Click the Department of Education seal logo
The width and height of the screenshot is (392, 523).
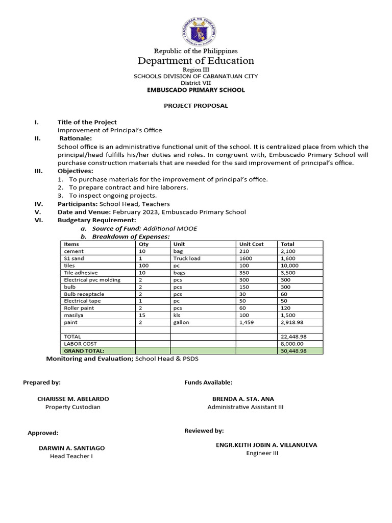(199, 30)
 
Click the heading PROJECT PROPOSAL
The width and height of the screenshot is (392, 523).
(195, 106)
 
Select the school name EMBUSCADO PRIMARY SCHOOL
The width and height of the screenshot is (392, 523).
(196, 90)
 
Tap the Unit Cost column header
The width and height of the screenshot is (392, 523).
(251, 244)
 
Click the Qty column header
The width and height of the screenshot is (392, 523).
(143, 244)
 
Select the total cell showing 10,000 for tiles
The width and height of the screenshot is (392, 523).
(289, 266)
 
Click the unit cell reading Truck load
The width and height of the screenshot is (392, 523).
(187, 258)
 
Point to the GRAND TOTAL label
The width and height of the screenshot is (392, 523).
(84, 351)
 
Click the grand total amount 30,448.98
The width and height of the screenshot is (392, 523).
(293, 351)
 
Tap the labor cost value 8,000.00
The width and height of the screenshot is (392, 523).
(292, 344)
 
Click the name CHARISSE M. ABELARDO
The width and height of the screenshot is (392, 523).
(73, 399)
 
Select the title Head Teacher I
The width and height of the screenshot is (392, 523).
(71, 456)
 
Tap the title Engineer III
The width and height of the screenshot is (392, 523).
(262, 453)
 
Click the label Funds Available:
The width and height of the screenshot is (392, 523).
(208, 382)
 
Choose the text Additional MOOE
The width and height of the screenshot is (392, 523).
(170, 229)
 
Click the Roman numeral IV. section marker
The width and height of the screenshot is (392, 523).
(37, 204)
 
